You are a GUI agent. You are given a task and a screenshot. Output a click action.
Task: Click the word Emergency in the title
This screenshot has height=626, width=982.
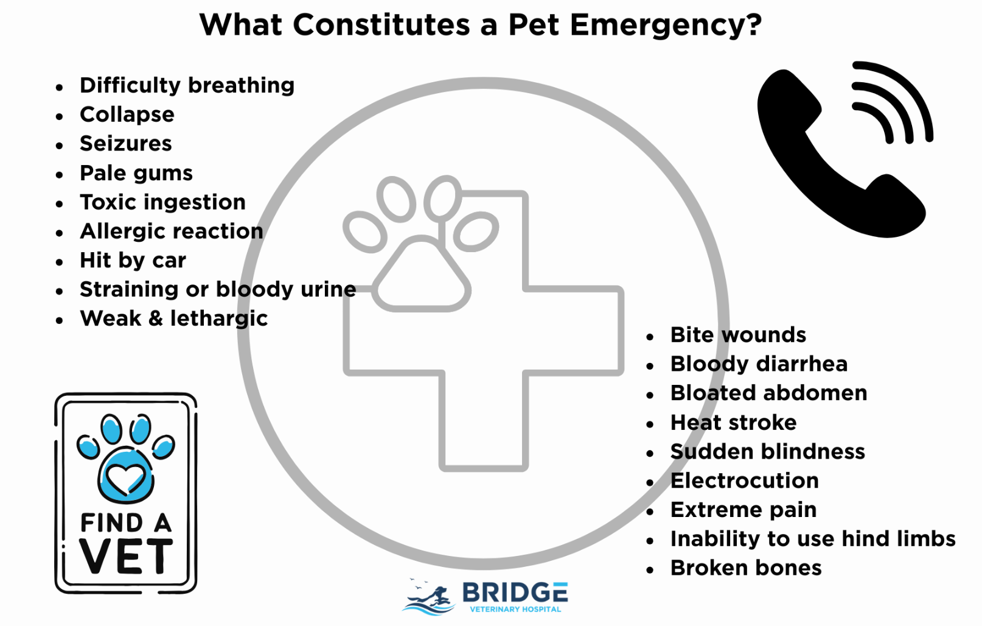pos(666,26)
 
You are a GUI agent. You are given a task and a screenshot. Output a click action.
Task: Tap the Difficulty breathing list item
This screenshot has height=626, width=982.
pos(187,85)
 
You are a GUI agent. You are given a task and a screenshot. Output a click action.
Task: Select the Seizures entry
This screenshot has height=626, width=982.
pos(125,144)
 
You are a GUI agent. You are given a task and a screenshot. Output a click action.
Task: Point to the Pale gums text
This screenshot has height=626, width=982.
pos(136,173)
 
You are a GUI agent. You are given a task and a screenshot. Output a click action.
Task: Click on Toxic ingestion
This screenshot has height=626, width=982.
pos(162,202)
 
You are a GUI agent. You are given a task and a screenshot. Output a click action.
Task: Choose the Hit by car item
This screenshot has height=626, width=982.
pos(133,261)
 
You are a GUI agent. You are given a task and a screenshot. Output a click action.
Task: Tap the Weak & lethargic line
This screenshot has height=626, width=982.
pos(173,318)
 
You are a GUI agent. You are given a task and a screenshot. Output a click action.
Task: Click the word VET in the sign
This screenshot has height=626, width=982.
pos(126,556)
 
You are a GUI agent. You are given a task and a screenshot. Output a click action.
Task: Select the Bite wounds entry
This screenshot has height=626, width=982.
pos(737,335)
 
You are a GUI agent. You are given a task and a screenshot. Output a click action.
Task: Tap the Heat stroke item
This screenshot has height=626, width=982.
pos(733,423)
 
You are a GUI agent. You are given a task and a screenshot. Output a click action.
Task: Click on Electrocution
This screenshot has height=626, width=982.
pos(744,481)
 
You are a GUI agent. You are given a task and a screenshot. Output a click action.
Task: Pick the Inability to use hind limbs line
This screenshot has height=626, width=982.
pos(812,539)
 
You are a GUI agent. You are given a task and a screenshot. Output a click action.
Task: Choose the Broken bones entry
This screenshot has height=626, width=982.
pos(745,568)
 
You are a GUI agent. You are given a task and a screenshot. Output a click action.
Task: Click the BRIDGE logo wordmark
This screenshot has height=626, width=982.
pos(515,593)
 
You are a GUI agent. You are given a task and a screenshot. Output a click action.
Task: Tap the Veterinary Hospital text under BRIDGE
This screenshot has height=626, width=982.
pos(515,609)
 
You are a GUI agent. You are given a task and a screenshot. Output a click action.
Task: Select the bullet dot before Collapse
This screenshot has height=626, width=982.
pos(59,116)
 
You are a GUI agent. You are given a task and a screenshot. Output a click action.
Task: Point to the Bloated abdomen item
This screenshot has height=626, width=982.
pos(768,393)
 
